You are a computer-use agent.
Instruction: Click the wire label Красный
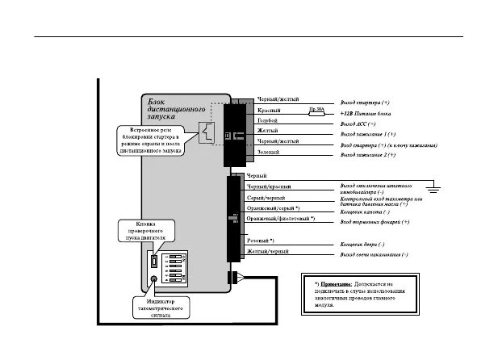(x=268, y=110)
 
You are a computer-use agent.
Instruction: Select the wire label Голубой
(x=268, y=120)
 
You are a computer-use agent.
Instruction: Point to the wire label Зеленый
(x=268, y=151)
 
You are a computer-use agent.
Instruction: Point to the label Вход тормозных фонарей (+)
(x=375, y=221)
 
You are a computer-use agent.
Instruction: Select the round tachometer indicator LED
(x=154, y=280)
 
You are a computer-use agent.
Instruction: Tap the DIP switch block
(x=180, y=264)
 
